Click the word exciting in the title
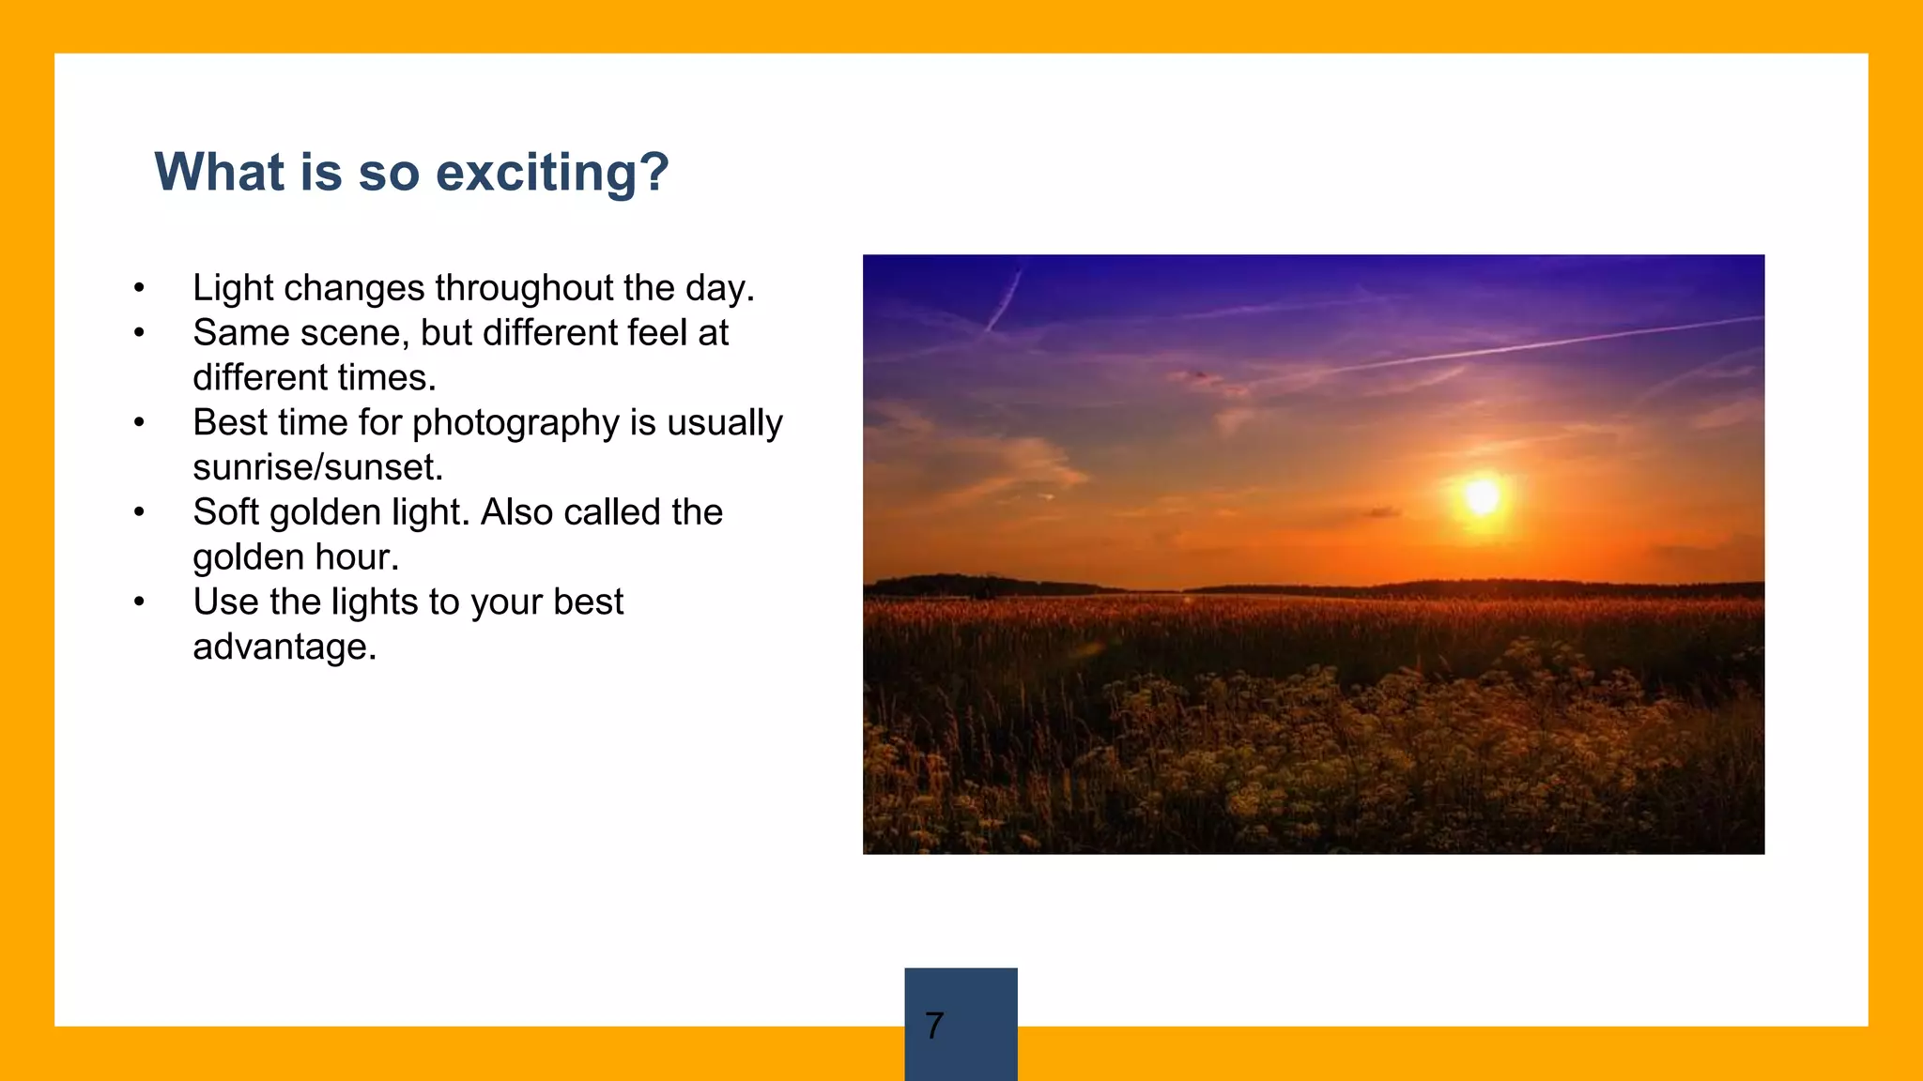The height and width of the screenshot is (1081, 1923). click(552, 173)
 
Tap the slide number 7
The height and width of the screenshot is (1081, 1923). click(934, 1025)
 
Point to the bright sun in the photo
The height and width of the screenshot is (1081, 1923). click(1482, 496)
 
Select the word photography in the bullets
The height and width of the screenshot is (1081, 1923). click(515, 423)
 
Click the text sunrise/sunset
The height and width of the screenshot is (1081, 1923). click(317, 467)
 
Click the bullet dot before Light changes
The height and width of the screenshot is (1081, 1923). click(139, 288)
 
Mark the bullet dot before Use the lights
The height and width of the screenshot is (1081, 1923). click(139, 602)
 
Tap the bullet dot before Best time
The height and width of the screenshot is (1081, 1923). click(139, 423)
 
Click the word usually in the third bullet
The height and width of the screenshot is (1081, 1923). click(725, 423)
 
